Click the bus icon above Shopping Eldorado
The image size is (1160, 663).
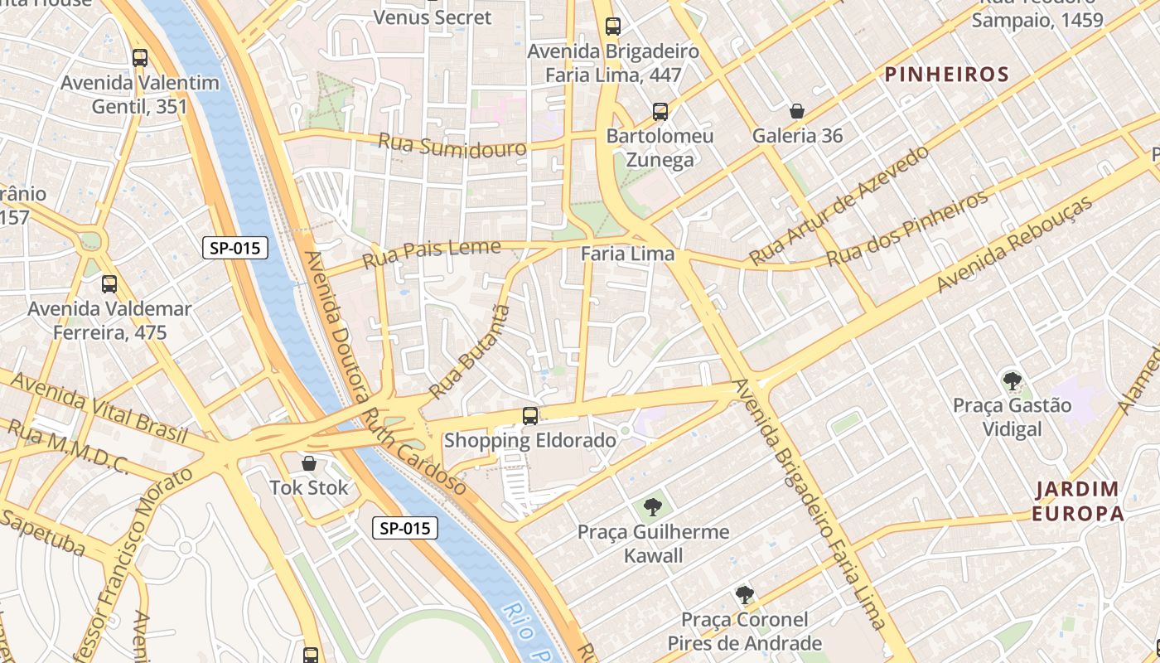[530, 415]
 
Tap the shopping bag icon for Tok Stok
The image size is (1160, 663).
[309, 463]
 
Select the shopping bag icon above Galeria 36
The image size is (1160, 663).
[796, 111]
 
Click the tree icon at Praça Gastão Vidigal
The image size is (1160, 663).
[1012, 381]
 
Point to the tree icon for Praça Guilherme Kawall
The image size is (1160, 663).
[653, 506]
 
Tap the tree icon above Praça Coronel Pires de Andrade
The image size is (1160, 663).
[744, 594]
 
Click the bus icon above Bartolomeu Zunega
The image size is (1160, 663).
[660, 111]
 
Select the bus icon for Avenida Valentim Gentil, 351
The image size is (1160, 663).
[140, 58]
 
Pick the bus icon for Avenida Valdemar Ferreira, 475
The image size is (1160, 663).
[109, 284]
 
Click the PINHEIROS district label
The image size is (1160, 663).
[947, 75]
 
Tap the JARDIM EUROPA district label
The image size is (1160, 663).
[1077, 501]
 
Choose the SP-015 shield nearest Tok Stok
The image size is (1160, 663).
[404, 528]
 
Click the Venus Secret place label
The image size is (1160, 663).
[433, 17]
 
